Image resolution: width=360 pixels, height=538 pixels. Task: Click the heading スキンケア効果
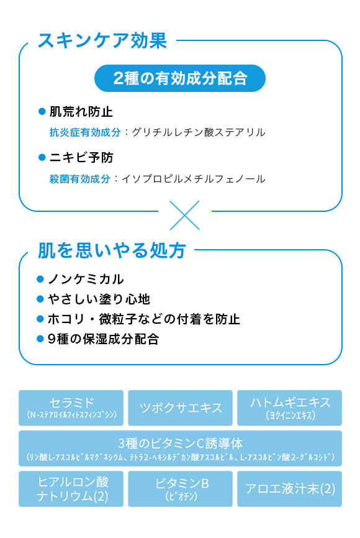pos(102,40)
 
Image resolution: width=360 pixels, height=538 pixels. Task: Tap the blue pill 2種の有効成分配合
pos(180,78)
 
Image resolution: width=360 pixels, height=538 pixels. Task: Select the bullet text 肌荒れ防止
pos(81,111)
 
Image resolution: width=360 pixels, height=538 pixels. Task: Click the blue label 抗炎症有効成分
pos(85,132)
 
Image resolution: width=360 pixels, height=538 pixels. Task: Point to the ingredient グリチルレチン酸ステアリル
pos(199,132)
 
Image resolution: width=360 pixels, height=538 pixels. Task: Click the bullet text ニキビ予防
pos(81,158)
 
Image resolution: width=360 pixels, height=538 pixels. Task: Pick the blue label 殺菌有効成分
pos(80,179)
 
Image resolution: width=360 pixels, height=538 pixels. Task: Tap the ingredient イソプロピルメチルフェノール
pos(194,179)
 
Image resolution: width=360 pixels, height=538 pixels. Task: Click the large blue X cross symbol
pos(185,215)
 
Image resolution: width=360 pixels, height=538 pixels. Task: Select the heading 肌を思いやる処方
pos(112,250)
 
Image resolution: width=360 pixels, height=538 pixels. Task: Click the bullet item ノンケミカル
pos(86,280)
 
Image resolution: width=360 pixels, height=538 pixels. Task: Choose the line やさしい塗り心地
pos(99,299)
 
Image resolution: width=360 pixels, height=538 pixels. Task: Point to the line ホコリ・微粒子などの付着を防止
pos(144,319)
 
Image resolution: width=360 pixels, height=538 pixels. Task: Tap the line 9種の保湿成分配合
pos(104,339)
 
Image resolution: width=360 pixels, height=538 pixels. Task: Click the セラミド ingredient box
pos(71,408)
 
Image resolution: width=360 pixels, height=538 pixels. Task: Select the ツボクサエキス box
pos(181,408)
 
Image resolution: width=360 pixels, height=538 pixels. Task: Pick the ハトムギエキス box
pos(290,408)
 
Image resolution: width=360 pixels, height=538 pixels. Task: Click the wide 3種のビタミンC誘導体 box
pos(181,449)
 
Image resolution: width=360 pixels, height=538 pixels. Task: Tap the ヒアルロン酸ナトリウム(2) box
pos(71,489)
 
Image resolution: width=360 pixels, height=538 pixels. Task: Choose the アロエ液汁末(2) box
pos(290,489)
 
